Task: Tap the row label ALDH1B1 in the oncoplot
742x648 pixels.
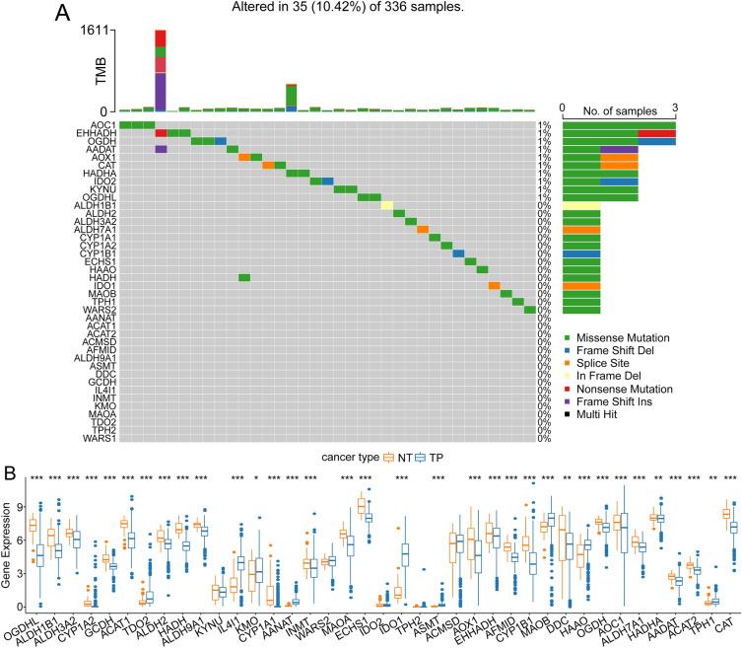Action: point(94,205)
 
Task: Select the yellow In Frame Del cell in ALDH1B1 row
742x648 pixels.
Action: point(387,205)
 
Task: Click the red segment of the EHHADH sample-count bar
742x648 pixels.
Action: point(656,133)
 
